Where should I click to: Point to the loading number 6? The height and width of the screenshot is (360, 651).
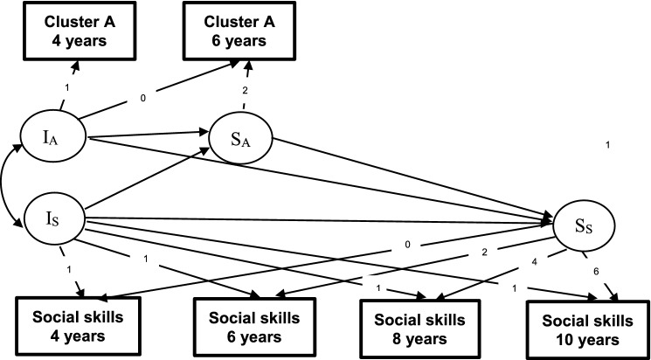[x=597, y=271]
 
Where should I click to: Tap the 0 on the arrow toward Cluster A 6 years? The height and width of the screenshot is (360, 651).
[x=142, y=99]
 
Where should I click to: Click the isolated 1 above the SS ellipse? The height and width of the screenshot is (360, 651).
[x=608, y=144]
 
